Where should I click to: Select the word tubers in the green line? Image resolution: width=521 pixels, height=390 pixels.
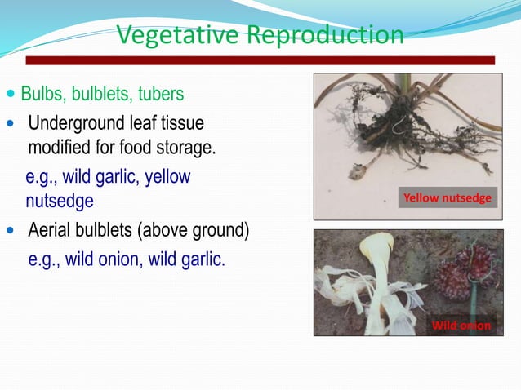coord(160,95)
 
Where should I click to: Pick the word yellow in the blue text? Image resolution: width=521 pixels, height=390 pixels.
coord(167,176)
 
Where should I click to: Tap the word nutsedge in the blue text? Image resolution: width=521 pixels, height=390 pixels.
coord(59,200)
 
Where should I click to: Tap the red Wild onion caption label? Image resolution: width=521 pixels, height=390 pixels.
coord(461,326)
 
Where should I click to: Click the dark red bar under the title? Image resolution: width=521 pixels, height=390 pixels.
coord(260,60)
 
